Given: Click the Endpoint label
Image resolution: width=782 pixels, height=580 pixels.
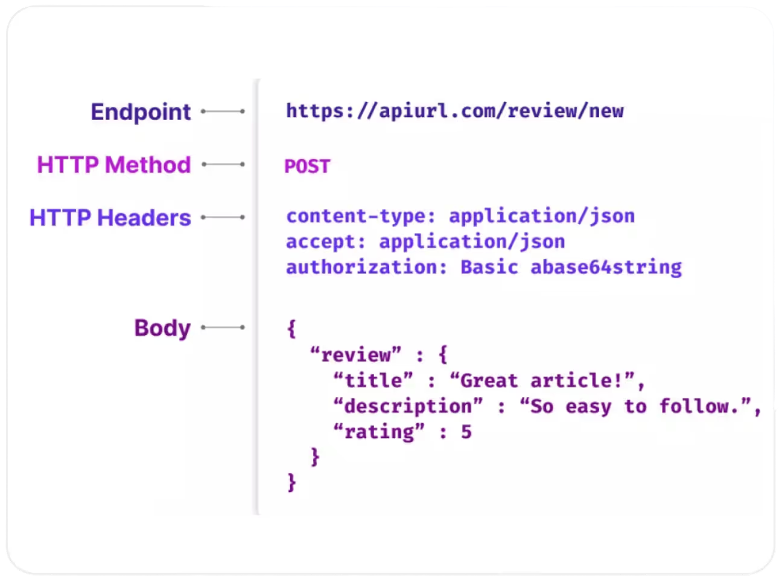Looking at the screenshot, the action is click(x=141, y=112).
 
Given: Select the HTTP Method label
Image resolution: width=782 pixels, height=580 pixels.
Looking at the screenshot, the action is click(x=114, y=165).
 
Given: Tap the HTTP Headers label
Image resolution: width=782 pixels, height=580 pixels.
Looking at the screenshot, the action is click(x=110, y=218).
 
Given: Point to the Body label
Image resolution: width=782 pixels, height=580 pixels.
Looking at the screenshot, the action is click(x=162, y=328).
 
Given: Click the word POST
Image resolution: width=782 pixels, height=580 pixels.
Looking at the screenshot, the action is click(x=307, y=167).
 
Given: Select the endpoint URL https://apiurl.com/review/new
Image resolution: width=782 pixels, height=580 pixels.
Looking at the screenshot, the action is click(x=455, y=111).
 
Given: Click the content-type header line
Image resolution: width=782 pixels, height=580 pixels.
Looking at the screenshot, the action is click(x=460, y=216).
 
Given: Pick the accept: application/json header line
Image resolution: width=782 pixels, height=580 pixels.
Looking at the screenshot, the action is click(x=425, y=242).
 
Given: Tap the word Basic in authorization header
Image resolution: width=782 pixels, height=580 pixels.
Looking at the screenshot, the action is click(x=489, y=267).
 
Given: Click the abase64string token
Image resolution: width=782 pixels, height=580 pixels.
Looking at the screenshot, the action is click(x=606, y=267).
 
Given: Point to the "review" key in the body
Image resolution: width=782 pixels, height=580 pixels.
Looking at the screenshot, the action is click(x=355, y=355).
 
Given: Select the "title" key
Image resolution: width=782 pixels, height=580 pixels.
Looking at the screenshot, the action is click(x=374, y=381).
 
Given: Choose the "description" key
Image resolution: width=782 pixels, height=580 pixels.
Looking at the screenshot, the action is click(x=408, y=406).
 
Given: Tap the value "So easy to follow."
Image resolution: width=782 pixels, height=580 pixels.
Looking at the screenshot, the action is click(x=636, y=406).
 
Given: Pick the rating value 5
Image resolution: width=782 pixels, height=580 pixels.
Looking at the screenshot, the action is click(x=466, y=432).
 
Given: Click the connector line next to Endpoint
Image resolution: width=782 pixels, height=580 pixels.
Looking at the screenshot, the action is click(x=223, y=112).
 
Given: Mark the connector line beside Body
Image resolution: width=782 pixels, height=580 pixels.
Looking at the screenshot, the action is click(x=223, y=328).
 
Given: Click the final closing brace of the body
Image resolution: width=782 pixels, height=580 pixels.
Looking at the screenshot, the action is click(x=292, y=483).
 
